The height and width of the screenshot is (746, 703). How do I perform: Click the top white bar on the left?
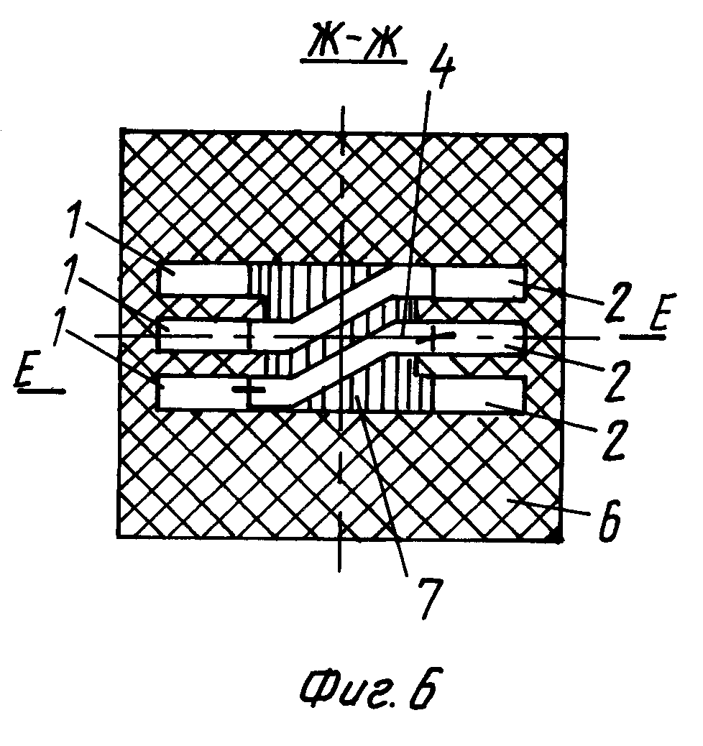point(203,279)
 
